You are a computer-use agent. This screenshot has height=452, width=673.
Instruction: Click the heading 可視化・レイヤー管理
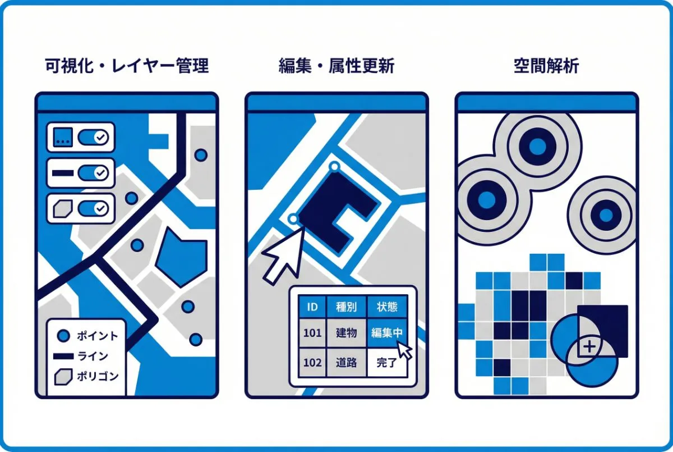click(x=126, y=66)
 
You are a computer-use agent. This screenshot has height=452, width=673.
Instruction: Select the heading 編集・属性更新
click(x=336, y=66)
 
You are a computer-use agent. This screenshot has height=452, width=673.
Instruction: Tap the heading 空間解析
click(x=546, y=66)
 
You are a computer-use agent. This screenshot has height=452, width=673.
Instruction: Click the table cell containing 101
click(x=312, y=333)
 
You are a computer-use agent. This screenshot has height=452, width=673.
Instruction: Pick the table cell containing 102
click(x=312, y=362)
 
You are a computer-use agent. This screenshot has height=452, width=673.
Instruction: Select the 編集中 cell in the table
click(x=386, y=333)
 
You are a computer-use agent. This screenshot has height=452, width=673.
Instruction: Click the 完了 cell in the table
click(x=386, y=362)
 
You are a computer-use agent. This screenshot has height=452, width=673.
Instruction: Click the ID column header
click(x=312, y=307)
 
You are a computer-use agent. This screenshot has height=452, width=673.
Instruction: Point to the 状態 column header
click(x=386, y=307)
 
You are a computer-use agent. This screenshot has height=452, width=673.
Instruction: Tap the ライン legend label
click(x=93, y=356)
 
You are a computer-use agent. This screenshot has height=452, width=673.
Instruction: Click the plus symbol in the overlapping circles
click(x=589, y=347)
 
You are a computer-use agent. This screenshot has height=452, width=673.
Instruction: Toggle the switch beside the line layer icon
click(x=93, y=173)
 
